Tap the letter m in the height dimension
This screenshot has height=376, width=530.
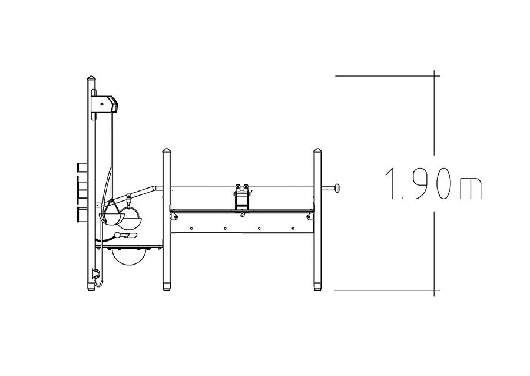pos(471,189)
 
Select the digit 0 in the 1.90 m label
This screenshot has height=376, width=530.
pos(443,184)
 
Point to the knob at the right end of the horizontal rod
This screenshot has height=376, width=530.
pos(337,187)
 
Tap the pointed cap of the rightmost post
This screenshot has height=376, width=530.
pos(317,150)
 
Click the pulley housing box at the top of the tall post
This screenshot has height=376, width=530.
pos(104,104)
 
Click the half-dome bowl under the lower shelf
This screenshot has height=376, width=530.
pos(130,256)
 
